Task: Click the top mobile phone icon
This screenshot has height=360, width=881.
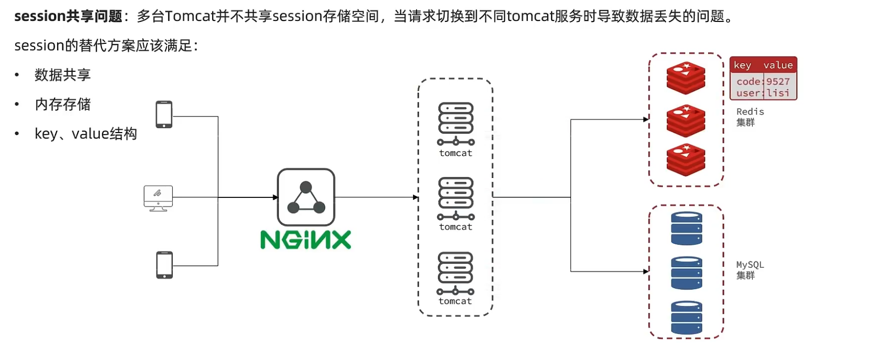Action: [x=164, y=114]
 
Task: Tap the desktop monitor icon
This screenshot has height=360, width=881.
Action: [x=158, y=198]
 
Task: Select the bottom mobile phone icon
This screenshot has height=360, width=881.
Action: [x=164, y=265]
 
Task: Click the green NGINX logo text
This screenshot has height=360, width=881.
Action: [x=305, y=240]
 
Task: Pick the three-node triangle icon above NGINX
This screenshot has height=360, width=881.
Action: [x=306, y=197]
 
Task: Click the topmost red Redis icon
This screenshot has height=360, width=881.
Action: [x=686, y=78]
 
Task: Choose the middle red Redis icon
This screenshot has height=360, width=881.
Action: [x=686, y=121]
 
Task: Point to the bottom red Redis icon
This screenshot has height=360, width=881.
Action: [x=686, y=160]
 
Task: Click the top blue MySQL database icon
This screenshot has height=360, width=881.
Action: [x=686, y=228]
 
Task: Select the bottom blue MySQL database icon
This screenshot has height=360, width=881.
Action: [x=686, y=318]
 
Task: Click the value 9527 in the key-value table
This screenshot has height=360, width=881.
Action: [x=778, y=82]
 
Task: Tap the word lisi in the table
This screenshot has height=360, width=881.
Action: [x=778, y=93]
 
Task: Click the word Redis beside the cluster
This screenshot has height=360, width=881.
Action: [x=750, y=112]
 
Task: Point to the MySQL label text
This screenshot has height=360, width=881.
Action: [x=750, y=265]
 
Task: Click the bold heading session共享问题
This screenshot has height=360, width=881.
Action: [x=68, y=16]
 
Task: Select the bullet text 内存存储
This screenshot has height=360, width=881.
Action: [x=63, y=105]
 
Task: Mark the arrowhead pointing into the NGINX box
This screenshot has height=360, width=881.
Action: [x=275, y=197]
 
